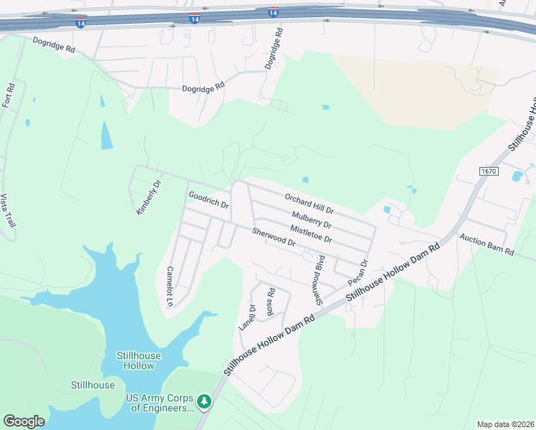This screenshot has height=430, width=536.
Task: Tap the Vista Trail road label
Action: click(9, 211)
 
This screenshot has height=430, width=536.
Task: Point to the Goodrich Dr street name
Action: click(208, 200)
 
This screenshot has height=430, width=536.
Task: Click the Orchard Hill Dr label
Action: click(309, 204)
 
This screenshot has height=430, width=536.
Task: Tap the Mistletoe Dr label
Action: click(311, 233)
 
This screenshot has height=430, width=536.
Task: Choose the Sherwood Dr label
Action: click(274, 237)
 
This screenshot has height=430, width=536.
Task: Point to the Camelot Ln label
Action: click(170, 287)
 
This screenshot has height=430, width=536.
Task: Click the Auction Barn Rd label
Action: click(487, 244)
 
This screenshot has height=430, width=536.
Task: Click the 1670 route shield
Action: click(488, 171)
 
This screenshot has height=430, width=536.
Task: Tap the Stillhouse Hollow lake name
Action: click(138, 360)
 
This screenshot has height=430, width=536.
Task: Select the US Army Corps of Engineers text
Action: click(160, 403)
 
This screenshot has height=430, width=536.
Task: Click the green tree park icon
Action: click(204, 401)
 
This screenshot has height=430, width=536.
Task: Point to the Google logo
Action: click(24, 421)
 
